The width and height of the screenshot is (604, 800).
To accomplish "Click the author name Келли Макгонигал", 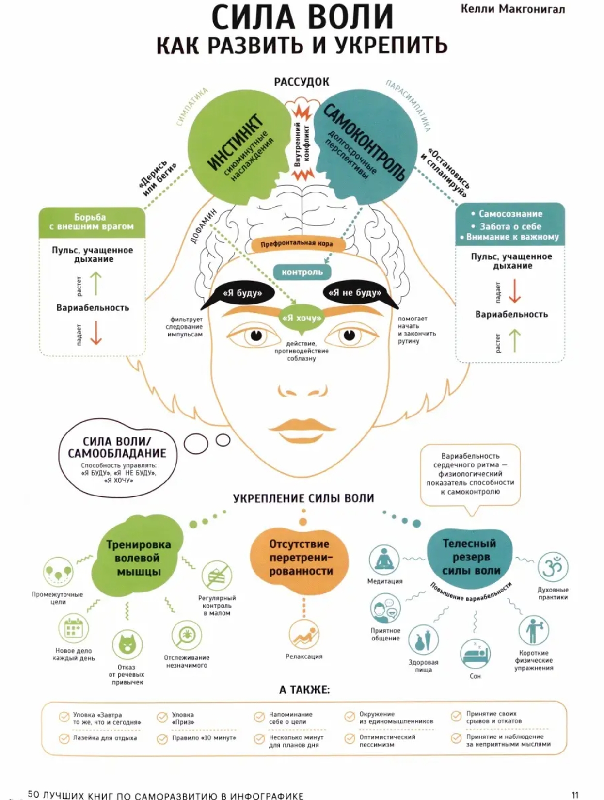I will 512,9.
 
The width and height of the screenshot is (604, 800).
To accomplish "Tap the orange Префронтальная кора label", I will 297,244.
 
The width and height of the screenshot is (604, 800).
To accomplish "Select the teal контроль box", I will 302,272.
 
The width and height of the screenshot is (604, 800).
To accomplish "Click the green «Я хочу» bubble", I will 302,318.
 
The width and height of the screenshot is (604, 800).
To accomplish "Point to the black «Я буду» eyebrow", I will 242,293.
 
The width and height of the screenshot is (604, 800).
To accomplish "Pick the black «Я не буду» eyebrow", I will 355,293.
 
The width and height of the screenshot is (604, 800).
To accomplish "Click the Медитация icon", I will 384,560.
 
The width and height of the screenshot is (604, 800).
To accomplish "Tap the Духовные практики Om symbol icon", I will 553,567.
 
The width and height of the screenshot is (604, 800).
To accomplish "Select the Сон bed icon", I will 475,654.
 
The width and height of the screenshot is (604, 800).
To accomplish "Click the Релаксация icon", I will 304,634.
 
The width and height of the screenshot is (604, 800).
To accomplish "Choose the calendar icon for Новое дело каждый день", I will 74,628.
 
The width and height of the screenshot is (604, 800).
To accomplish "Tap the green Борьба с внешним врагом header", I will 92,222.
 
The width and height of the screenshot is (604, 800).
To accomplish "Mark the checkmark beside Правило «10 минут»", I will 162,739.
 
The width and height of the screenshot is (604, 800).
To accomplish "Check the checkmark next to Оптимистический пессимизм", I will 350,738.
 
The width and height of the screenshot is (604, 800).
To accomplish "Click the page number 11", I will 575,795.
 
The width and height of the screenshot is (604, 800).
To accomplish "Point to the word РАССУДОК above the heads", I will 302,82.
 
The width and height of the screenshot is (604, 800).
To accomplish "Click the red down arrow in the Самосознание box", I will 514,291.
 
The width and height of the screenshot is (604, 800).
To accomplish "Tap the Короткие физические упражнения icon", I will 533,630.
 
